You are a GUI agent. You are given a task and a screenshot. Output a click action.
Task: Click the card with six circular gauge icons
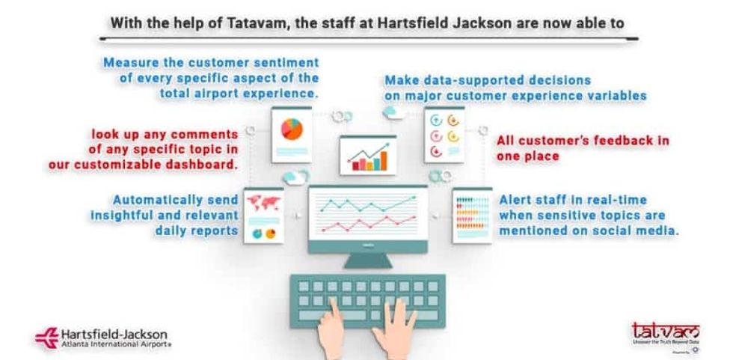(x=444, y=135)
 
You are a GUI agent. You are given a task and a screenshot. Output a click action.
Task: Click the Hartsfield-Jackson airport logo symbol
(x=46, y=338)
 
